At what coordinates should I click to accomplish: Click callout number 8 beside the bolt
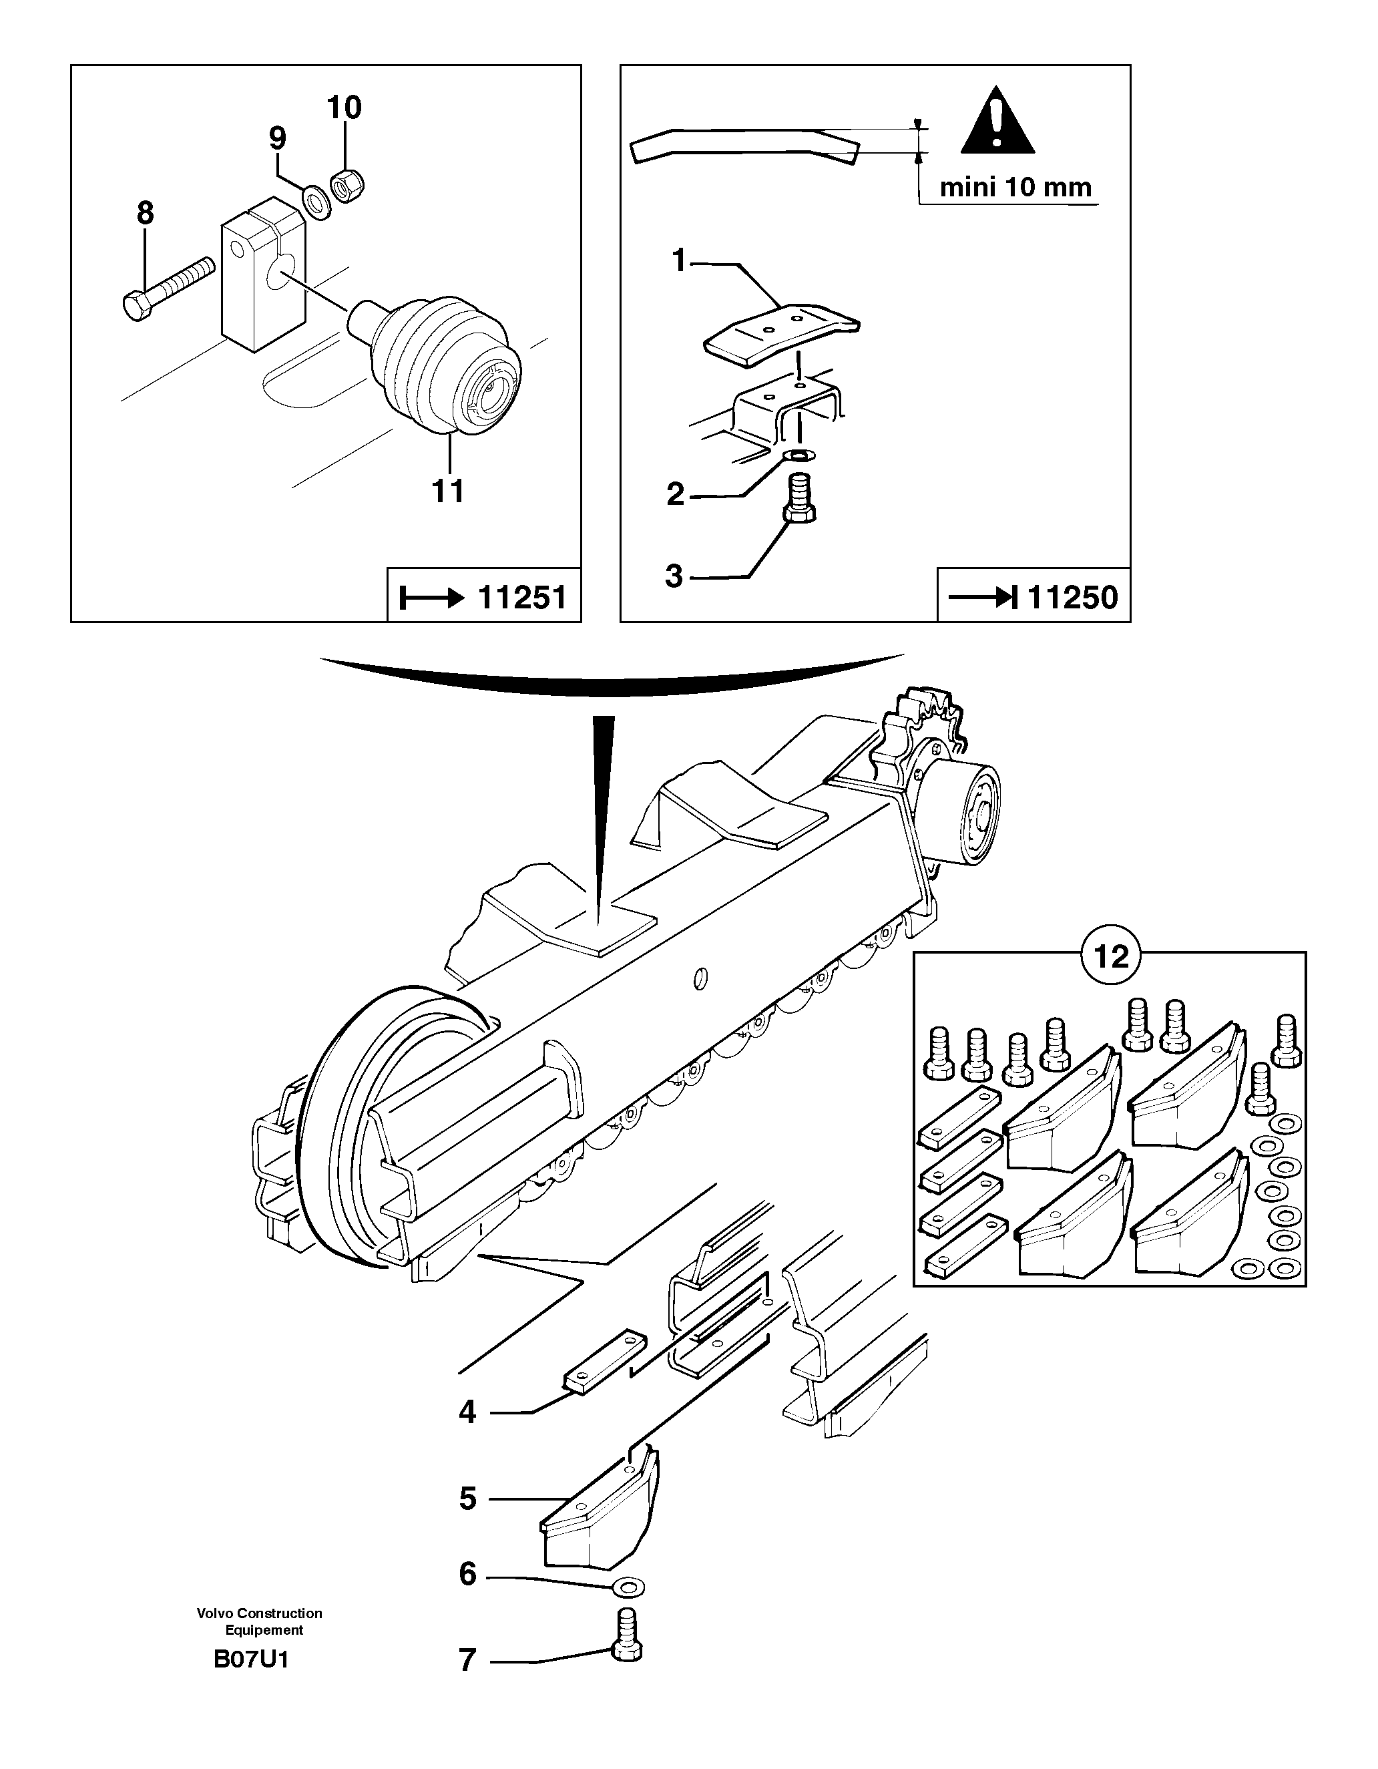click(145, 214)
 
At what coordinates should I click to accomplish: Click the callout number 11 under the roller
click(449, 491)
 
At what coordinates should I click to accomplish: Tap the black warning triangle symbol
click(997, 122)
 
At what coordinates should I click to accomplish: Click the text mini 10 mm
click(1015, 187)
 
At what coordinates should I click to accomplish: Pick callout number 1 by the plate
click(678, 261)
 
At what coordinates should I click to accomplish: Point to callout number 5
click(467, 1499)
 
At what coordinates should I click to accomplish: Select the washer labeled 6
click(628, 1584)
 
